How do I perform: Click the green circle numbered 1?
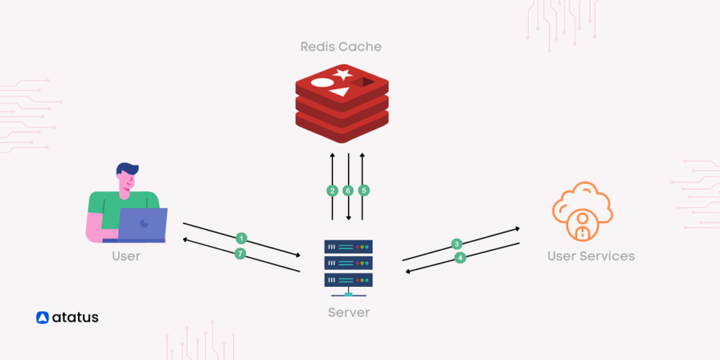(241, 238)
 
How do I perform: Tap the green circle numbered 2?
(333, 191)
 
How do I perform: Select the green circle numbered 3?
(456, 244)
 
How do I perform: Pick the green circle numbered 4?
(461, 258)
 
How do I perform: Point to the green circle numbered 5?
(364, 191)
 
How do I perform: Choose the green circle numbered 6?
(348, 191)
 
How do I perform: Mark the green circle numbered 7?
(240, 254)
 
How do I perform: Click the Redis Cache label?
(341, 46)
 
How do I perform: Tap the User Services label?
(591, 256)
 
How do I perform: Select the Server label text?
(349, 312)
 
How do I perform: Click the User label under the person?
(127, 256)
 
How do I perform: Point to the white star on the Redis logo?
(342, 74)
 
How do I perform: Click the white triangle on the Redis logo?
(340, 91)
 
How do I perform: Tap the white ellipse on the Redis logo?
(322, 82)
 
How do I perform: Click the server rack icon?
(348, 264)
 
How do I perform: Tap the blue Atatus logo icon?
(42, 318)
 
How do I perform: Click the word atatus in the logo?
(75, 318)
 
